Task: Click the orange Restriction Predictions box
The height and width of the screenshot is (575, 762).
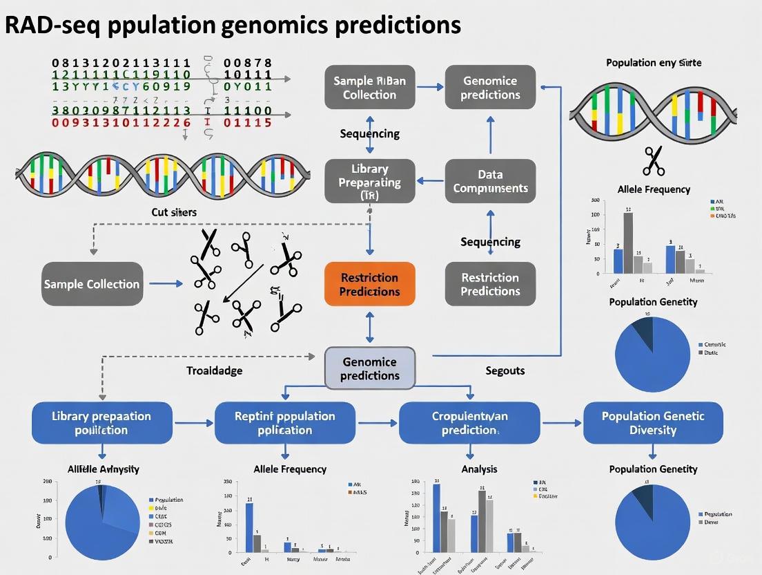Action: click(x=370, y=284)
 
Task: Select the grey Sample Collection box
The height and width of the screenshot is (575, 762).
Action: click(x=92, y=284)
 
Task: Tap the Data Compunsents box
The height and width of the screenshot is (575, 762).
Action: click(x=490, y=181)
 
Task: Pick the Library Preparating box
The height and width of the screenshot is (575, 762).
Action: click(x=370, y=182)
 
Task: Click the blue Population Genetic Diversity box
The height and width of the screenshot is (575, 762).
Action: click(x=653, y=422)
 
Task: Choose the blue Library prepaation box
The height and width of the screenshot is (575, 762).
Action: click(x=101, y=422)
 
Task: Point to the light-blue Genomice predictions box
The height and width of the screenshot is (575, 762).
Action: click(x=370, y=368)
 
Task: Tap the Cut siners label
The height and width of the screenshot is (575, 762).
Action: click(x=173, y=212)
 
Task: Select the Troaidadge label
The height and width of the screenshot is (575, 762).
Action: click(x=215, y=370)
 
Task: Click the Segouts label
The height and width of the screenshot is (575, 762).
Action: click(x=505, y=370)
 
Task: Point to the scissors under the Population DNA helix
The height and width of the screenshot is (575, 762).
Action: click(x=652, y=160)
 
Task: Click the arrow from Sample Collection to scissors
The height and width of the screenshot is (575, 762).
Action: click(x=166, y=283)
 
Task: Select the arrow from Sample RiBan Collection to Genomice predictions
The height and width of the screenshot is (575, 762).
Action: click(x=430, y=87)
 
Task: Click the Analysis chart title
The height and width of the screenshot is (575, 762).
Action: click(x=479, y=469)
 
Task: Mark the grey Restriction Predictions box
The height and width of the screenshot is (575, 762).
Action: click(x=490, y=284)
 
